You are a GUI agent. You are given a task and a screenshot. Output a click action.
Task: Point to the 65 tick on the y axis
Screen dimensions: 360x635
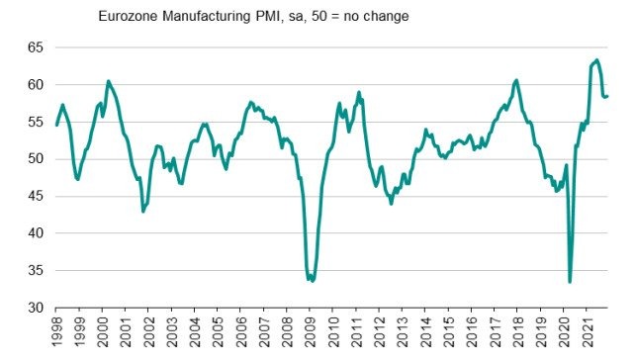click(x=35, y=47)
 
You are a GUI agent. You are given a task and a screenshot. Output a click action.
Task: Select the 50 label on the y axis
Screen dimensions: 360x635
click(x=35, y=158)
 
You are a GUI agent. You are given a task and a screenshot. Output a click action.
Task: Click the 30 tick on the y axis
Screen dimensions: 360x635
click(x=35, y=307)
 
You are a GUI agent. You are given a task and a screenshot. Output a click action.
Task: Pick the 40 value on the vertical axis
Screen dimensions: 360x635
click(x=35, y=232)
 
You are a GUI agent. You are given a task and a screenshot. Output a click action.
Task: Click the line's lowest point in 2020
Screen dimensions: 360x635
click(x=570, y=282)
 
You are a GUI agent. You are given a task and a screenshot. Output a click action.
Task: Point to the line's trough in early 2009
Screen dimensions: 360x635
click(x=312, y=281)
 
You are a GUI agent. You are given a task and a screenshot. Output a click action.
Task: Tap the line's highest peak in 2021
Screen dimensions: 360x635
click(x=596, y=60)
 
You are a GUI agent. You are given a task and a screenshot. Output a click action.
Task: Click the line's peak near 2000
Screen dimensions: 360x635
click(x=108, y=81)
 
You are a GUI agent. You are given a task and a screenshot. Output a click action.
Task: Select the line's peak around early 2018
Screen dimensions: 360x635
click(x=516, y=80)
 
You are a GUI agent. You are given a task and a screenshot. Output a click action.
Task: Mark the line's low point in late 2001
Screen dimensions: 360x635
click(x=143, y=212)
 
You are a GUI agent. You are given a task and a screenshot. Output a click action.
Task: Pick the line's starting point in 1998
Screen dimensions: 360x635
click(x=56, y=125)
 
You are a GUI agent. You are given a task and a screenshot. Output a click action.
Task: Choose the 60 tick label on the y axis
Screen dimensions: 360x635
click(x=35, y=84)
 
